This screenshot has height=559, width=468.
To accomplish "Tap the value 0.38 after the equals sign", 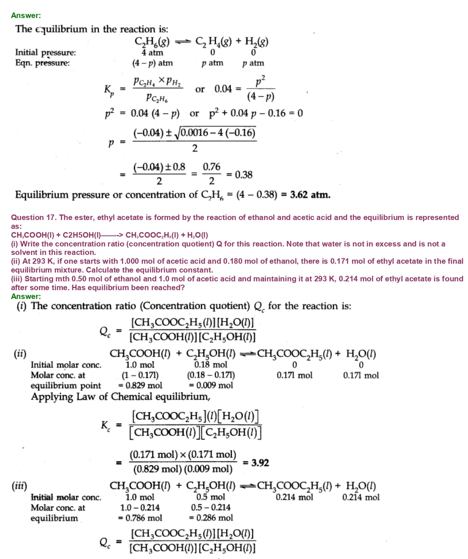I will pyautogui.click(x=244, y=175).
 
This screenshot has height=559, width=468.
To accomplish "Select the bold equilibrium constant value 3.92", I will pyautogui.click(x=260, y=463).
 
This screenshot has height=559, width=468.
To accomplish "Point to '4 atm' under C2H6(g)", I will pyautogui.click(x=152, y=53).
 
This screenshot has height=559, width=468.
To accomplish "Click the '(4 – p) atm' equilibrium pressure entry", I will pyautogui.click(x=152, y=63).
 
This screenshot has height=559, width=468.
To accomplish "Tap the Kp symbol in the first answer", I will pyautogui.click(x=109, y=90).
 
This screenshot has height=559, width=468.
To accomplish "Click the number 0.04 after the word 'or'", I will pyautogui.click(x=223, y=89).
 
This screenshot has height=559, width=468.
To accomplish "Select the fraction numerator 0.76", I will pyautogui.click(x=212, y=167).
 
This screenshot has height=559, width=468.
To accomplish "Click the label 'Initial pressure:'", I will pyautogui.click(x=46, y=53).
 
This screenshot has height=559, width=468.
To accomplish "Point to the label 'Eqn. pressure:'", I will pyautogui.click(x=42, y=63).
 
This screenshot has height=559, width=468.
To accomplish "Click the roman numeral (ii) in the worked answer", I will pyautogui.click(x=20, y=354).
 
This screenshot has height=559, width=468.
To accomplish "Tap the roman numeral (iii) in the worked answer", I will pyautogui.click(x=19, y=486).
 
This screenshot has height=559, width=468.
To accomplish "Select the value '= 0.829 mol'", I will pyautogui.click(x=140, y=385).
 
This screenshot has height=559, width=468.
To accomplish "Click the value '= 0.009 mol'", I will pyautogui.click(x=211, y=385).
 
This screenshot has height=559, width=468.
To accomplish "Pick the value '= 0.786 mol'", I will pyautogui.click(x=140, y=518).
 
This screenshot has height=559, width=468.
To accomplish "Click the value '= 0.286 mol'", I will pyautogui.click(x=211, y=518).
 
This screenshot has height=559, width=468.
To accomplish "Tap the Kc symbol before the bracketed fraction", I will pyautogui.click(x=105, y=426).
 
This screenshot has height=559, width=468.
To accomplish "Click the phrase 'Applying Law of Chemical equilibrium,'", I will pyautogui.click(x=120, y=397).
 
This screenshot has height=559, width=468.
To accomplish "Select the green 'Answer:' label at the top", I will pyautogui.click(x=26, y=15).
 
